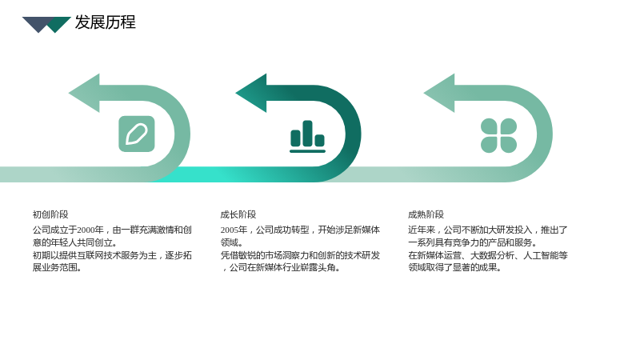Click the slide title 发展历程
point(106,22)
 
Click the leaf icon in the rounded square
point(137,134)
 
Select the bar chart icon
point(307,136)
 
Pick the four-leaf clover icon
point(498,135)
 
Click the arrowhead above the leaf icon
point(85,93)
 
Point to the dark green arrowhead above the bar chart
point(251,93)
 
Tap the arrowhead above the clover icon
point(439,93)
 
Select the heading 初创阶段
point(50,214)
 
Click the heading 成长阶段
point(238,214)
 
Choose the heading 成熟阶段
point(426,214)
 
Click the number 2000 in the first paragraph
point(86,230)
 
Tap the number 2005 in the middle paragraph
point(230,230)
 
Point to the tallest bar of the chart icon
point(307,133)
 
